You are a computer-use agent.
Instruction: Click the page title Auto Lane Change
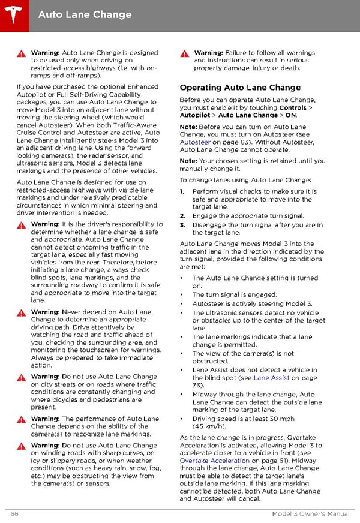pos(85,14)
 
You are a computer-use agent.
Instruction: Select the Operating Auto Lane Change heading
pos(240,88)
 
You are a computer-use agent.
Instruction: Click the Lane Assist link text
pos(269,378)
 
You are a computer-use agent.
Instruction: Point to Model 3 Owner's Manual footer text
pos(310,514)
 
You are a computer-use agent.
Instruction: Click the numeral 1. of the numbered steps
pos(182,192)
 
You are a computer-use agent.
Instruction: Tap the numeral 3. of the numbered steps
pos(182,226)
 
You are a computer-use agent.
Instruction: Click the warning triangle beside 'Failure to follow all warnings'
pos(185,53)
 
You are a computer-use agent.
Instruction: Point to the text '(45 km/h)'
pos(209,426)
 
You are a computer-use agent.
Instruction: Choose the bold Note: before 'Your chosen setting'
pos(188,161)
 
